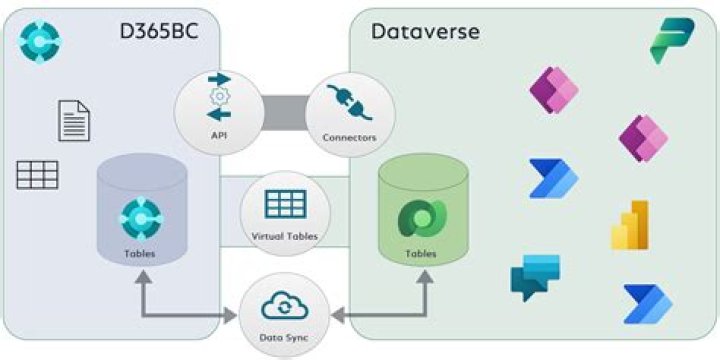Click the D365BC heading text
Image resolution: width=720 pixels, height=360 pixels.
[151, 32]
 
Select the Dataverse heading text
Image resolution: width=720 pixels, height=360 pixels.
[425, 31]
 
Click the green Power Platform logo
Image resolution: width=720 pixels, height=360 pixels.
[672, 41]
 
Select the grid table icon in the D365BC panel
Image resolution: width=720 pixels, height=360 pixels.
[37, 175]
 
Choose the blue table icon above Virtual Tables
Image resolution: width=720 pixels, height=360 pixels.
[284, 203]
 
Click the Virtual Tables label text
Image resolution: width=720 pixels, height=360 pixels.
[284, 237]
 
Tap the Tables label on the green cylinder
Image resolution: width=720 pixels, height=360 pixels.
[420, 254]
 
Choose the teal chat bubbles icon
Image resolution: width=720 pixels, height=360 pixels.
[535, 277]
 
